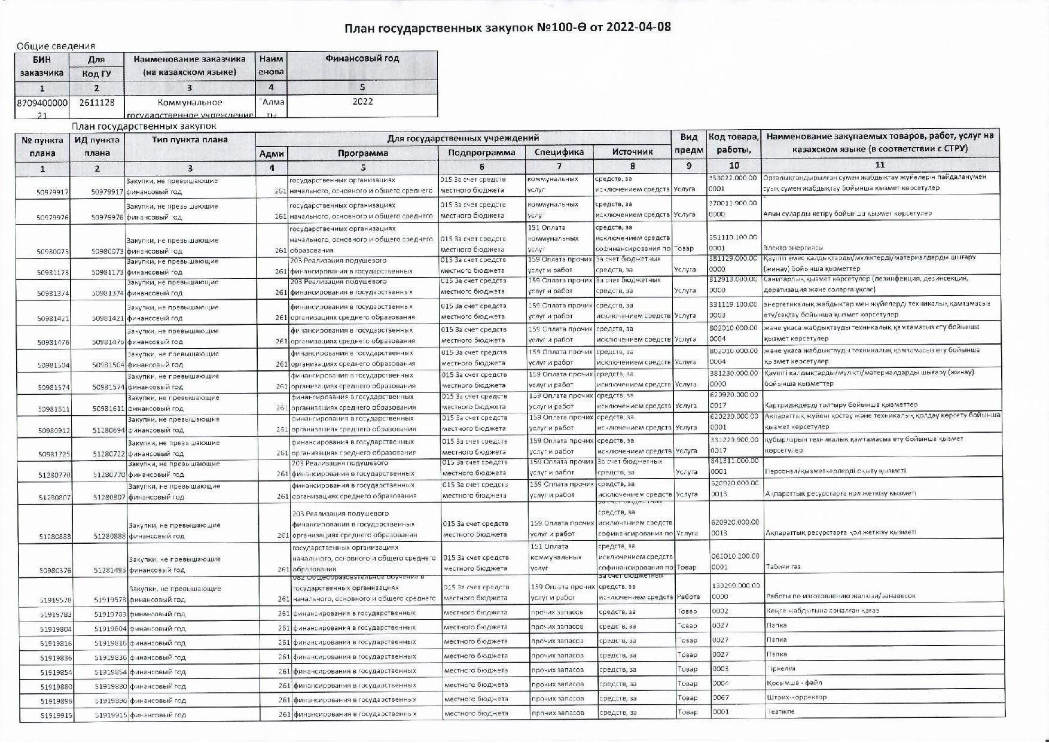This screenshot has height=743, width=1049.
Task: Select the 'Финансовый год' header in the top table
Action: click(362, 59)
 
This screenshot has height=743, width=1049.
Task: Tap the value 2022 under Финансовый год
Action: click(362, 102)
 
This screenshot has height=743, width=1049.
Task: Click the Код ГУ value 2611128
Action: click(96, 102)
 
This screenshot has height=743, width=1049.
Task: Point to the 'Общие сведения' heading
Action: click(56, 45)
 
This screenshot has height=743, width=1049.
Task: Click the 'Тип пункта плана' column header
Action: click(190, 139)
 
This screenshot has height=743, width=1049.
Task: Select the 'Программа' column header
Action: click(362, 153)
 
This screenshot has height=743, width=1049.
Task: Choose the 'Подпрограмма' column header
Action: click(481, 152)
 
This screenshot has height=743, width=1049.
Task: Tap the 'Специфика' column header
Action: click(559, 152)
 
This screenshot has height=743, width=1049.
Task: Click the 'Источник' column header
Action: click(632, 152)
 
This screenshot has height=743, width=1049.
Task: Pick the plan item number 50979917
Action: click(53, 192)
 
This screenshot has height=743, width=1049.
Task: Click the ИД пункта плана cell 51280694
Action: click(108, 430)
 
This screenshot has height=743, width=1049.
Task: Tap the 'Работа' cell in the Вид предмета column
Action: click(688, 596)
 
